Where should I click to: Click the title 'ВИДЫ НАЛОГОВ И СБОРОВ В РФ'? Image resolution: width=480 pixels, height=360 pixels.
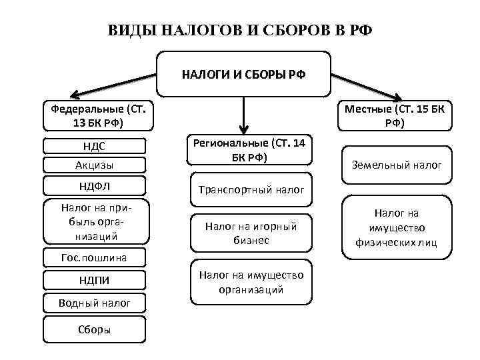(241, 31)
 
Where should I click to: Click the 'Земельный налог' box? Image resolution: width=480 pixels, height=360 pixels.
(396, 164)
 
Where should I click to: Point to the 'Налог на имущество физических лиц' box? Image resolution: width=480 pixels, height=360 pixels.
(396, 227)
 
